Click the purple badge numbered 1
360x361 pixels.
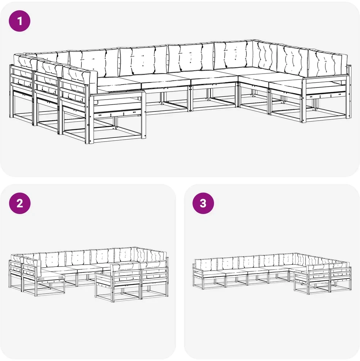point(20,21)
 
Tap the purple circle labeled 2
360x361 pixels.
point(20,203)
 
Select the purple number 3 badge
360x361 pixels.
point(203,203)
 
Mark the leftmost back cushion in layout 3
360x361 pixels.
point(206,264)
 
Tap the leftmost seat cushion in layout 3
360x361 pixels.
point(212,272)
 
